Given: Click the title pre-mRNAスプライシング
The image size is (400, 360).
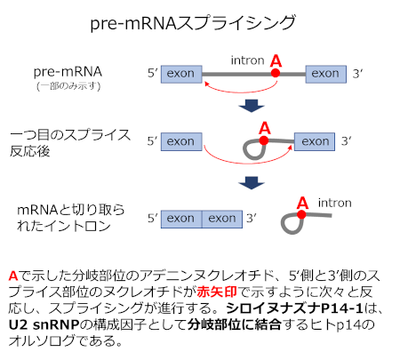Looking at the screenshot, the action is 193,23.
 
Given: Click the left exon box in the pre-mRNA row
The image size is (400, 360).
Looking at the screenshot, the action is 181,74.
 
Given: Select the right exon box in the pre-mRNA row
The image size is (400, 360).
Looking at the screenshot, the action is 326,74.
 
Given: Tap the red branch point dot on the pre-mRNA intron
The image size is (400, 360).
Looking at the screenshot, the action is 276,73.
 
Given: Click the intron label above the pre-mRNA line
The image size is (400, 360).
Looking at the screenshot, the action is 247,60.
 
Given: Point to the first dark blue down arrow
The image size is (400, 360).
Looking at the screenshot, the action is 252,106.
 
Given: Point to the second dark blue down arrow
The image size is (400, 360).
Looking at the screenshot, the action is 252,183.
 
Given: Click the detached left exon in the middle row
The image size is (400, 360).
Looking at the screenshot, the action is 181,141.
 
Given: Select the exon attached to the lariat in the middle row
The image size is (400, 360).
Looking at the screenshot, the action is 315,141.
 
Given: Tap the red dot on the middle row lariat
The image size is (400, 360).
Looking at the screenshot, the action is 264,140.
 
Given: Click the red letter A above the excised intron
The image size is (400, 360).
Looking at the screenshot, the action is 302,203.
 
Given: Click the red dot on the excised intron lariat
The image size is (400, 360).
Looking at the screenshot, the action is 301,214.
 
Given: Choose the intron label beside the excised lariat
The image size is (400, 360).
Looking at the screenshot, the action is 335,203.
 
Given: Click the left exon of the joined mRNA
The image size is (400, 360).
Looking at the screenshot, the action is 181,220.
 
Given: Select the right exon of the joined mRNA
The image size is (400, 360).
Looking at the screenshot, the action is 222,220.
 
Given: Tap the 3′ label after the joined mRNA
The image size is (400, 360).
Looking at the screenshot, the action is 252,219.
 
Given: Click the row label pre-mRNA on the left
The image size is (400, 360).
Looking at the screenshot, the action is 68,72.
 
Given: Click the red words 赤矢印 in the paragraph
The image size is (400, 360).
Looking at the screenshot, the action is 217,292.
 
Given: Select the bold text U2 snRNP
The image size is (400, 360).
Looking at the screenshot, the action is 44,324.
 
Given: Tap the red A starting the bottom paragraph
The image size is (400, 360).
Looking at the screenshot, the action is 13,276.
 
